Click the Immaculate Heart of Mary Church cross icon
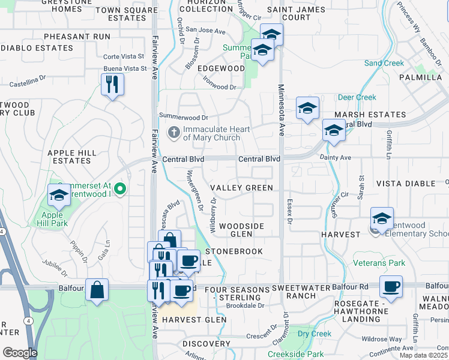pyautogui.click(x=174, y=132)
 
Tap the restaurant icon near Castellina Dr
pyautogui.click(x=112, y=85)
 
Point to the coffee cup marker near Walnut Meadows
pyautogui.click(x=391, y=287)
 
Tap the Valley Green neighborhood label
pyautogui.click(x=242, y=188)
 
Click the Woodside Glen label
pyautogui.click(x=241, y=230)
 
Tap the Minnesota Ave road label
pyautogui.click(x=280, y=111)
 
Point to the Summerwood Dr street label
pyautogui.click(x=183, y=116)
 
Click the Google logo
pyautogui.click(x=20, y=353)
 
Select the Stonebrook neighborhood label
pyautogui.click(x=235, y=251)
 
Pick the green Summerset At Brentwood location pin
pyautogui.click(x=120, y=190)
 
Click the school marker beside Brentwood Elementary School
pyautogui.click(x=381, y=219)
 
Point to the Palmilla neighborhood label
pyautogui.click(x=421, y=77)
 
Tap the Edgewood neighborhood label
pyautogui.click(x=221, y=68)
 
